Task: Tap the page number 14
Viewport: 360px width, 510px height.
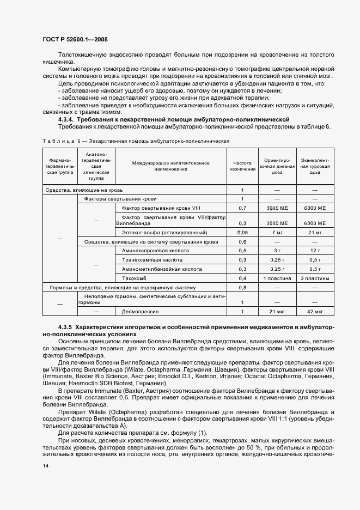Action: pos(45,466)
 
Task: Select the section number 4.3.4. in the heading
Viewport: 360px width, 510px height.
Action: pos(66,119)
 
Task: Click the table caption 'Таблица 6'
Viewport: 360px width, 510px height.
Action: pos(61,141)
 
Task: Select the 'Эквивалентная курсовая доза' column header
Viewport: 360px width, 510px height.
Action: pos(315,166)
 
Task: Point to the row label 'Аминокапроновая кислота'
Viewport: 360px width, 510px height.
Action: pos(156,250)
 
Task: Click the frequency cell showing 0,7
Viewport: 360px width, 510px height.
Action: pos(243,208)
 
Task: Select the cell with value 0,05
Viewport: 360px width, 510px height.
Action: pos(243,232)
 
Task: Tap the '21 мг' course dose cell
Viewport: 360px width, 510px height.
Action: pos(315,232)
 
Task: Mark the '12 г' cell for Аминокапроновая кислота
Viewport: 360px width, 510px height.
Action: pos(315,250)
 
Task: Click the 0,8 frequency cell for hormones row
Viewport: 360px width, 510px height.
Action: pos(243,287)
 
